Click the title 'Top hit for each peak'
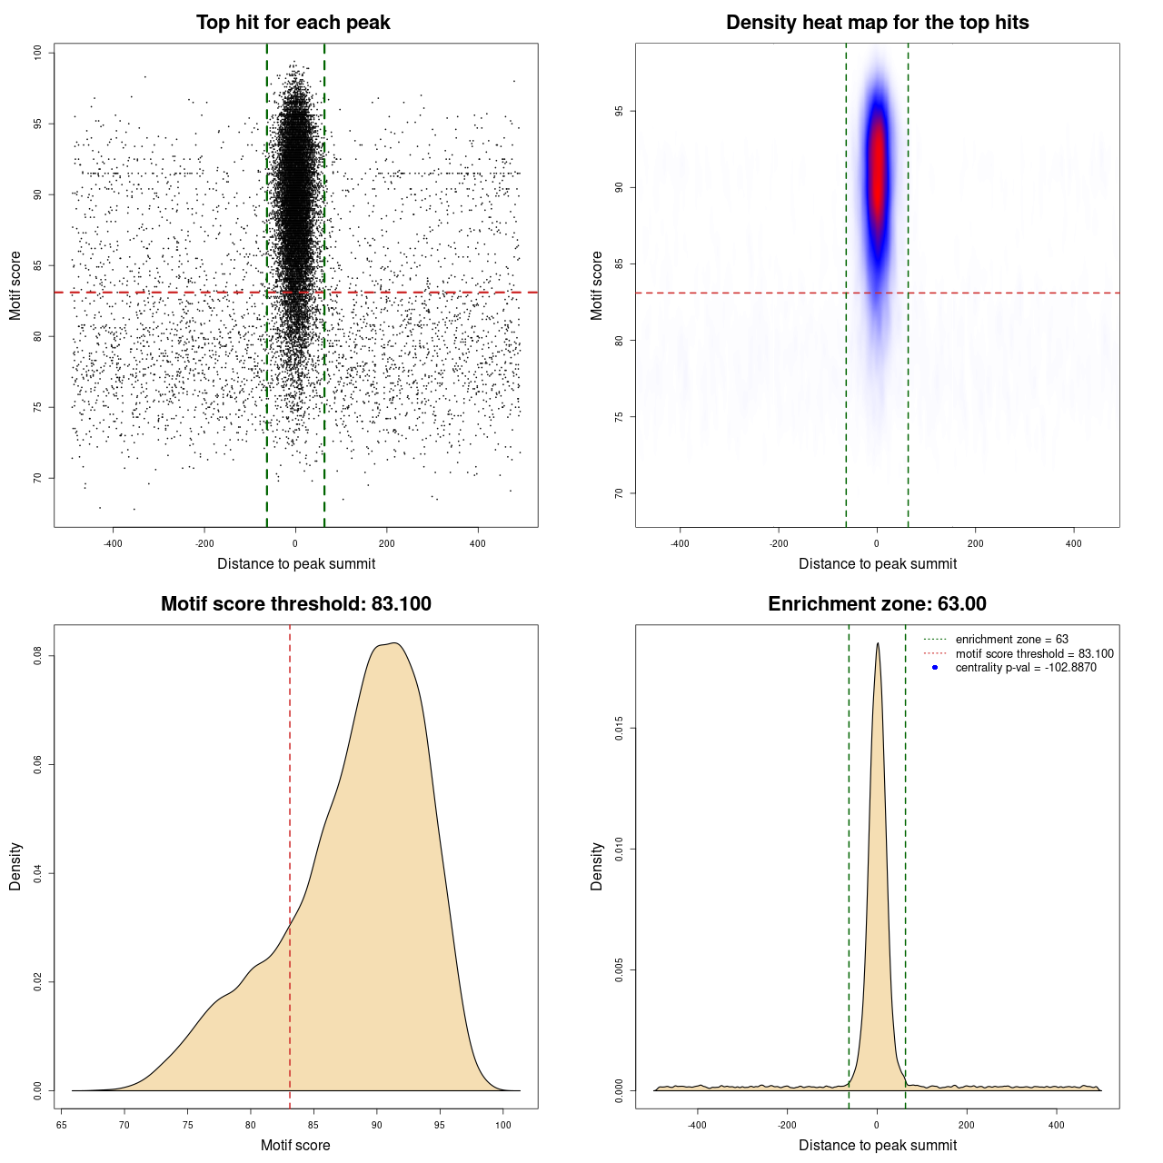coord(293,23)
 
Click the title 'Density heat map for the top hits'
coord(877,23)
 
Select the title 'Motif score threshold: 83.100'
coord(295,604)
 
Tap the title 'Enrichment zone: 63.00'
coord(877,604)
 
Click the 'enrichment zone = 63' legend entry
coord(1011,640)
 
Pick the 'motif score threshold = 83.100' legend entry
coord(1034,653)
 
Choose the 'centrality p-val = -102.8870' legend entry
coord(1026,668)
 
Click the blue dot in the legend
coord(935,668)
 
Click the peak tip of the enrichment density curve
coord(878,644)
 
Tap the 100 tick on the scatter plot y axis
coord(38,53)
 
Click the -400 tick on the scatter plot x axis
coord(113,543)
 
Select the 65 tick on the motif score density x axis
coord(60,1125)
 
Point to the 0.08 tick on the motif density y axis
coord(38,656)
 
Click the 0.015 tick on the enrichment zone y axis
coord(620,728)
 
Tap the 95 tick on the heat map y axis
coord(620,111)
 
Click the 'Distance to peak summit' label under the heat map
coord(877,563)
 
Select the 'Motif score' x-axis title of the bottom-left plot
coord(295,1145)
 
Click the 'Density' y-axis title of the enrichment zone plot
coord(597,866)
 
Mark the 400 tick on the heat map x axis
coord(1074,543)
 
